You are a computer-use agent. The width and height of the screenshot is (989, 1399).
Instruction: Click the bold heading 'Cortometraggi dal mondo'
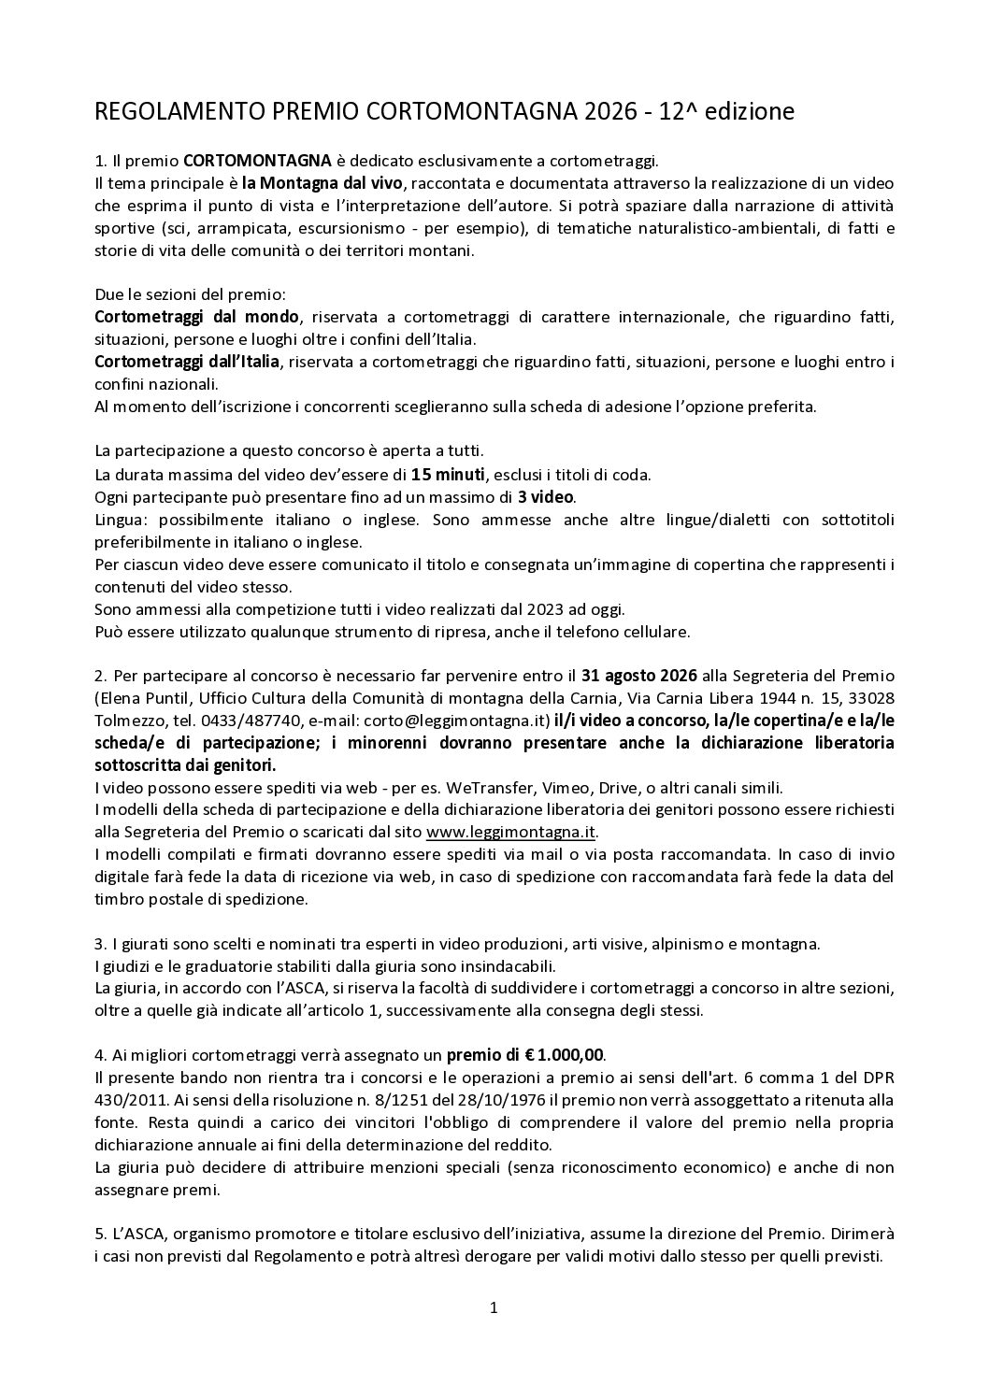[x=197, y=317]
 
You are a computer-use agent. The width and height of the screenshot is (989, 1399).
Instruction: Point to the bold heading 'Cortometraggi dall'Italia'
[x=186, y=362]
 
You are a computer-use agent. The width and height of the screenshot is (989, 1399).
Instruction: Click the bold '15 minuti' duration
[x=447, y=475]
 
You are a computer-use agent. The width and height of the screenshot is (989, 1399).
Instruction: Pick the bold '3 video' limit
[x=546, y=497]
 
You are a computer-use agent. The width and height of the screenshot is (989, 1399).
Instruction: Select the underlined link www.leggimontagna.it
[x=510, y=833]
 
